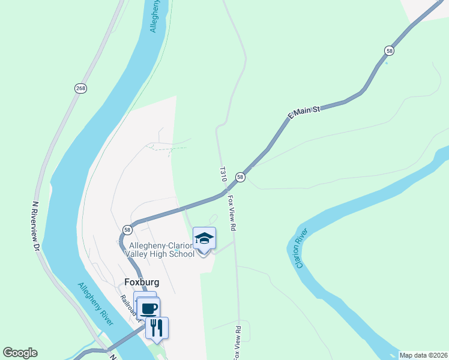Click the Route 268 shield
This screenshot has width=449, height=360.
point(80,88)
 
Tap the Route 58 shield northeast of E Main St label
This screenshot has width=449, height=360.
point(390,51)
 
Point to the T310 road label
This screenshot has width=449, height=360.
point(223,174)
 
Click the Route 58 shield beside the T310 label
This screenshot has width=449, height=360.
point(240,177)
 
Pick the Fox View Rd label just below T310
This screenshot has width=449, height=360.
point(232,213)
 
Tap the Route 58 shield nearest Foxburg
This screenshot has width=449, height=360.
point(127,229)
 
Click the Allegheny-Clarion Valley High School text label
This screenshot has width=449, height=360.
point(160,250)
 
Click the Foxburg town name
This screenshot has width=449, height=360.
point(142,281)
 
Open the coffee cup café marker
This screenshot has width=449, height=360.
point(149,309)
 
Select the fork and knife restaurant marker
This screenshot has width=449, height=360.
point(157,328)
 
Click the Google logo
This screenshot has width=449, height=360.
point(20,353)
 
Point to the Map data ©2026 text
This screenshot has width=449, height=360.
point(423,355)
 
